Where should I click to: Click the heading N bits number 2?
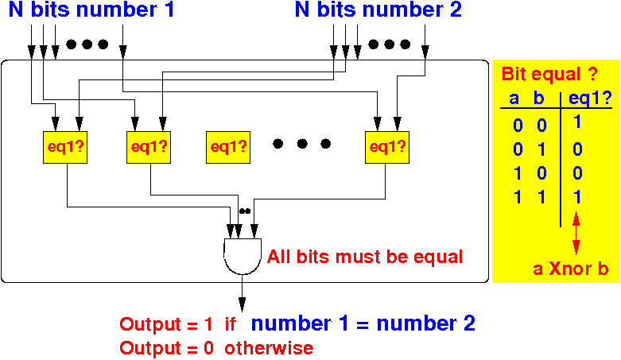pyautogui.click(x=378, y=11)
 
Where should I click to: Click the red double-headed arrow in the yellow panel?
pyautogui.click(x=576, y=236)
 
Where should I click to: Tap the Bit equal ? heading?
pyautogui.click(x=548, y=75)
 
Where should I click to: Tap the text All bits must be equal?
pyautogui.click(x=365, y=257)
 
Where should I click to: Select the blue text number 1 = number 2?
pyautogui.click(x=363, y=323)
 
